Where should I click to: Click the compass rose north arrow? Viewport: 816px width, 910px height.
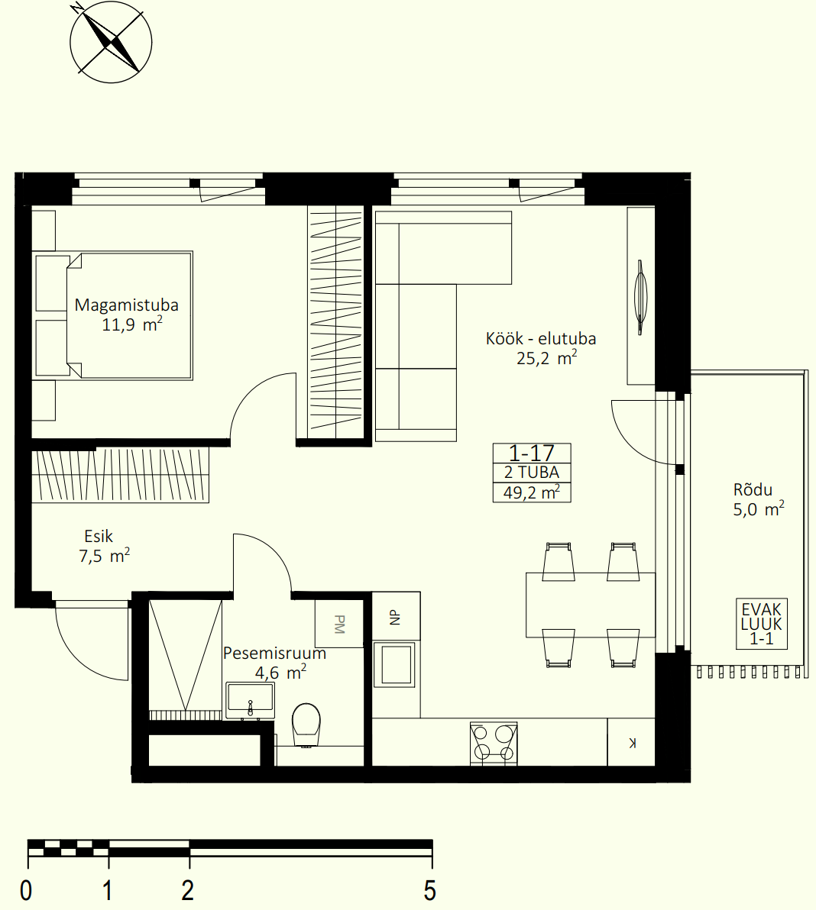[x=110, y=42]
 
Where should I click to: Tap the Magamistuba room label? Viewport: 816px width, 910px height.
[x=127, y=305]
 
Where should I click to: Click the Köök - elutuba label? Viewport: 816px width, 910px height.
[x=541, y=338]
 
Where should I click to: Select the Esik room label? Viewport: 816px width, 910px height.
[x=98, y=536]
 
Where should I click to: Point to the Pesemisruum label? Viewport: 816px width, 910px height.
[x=275, y=653]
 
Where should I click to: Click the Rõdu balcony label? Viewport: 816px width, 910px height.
[x=753, y=489]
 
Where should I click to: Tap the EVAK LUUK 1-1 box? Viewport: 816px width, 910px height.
[x=762, y=624]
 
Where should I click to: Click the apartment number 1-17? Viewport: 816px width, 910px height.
[x=532, y=453]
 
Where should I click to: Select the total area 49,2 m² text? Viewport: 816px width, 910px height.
[x=532, y=492]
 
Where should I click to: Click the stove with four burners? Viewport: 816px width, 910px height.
[x=493, y=744]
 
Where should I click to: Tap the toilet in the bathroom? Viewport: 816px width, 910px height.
[x=306, y=725]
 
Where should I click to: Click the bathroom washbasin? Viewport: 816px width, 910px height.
[x=250, y=701]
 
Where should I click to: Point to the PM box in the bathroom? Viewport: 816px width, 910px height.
[x=339, y=624]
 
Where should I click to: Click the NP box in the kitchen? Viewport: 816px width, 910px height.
[x=396, y=616]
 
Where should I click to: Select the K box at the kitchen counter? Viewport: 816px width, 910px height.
[x=631, y=742]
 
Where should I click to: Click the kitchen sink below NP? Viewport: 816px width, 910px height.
[x=396, y=664]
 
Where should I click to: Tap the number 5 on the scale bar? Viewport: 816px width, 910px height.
[x=430, y=890]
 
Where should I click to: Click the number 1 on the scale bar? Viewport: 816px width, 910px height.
[x=108, y=890]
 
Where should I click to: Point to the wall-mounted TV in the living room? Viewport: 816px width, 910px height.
[x=640, y=296]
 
